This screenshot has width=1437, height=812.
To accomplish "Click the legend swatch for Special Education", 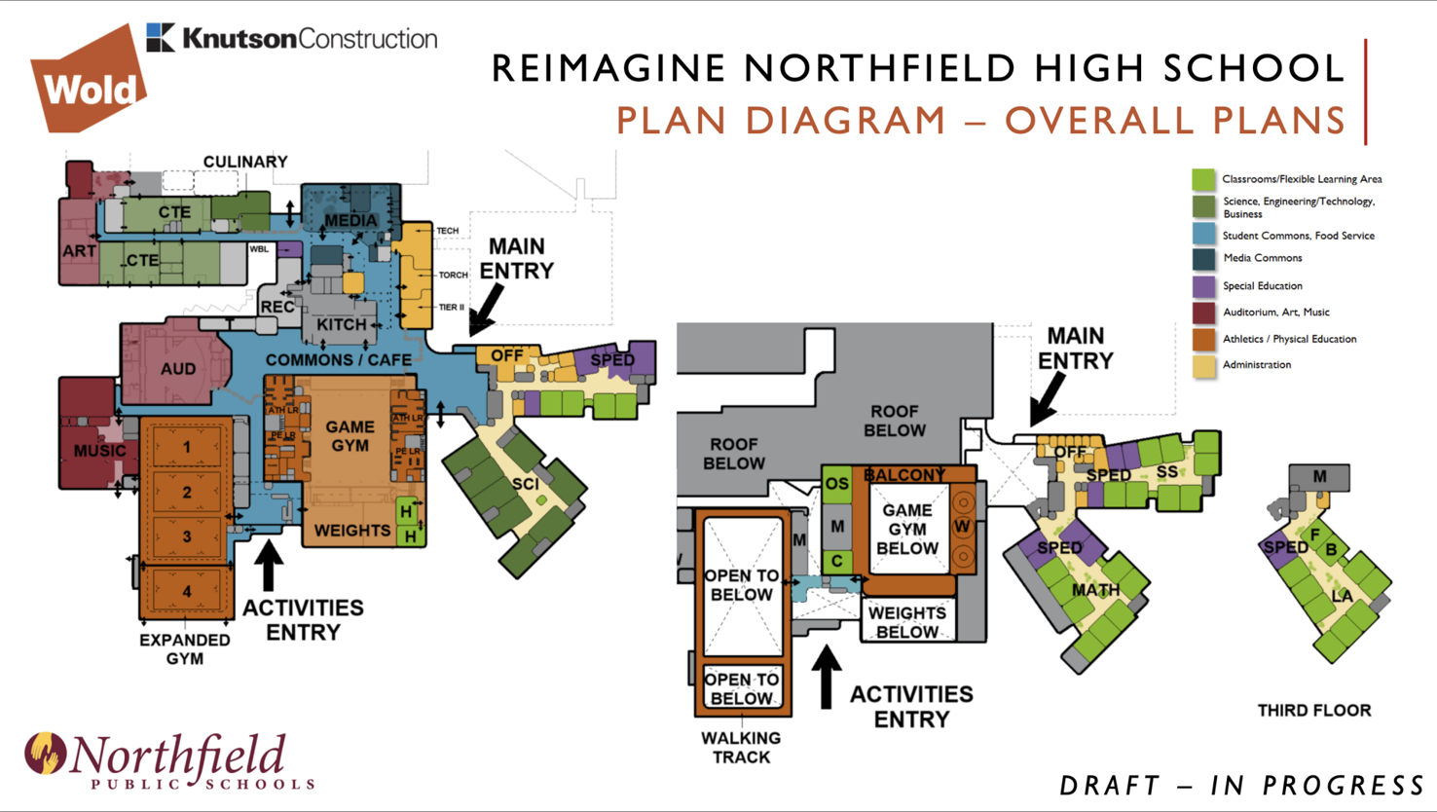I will [1204, 286].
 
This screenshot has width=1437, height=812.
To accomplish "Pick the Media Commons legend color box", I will [1204, 259].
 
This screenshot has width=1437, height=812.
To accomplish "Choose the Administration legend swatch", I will [1204, 366].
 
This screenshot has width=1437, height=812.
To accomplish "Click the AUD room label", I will [178, 369].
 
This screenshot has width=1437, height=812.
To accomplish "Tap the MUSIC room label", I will [99, 451].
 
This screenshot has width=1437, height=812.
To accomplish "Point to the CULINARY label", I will [245, 162].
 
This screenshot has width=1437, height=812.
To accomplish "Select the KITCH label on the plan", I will [341, 325].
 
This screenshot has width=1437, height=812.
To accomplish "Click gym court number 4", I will [187, 591].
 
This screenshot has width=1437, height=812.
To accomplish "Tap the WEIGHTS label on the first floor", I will [351, 531].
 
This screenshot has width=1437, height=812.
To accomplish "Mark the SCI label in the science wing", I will [525, 484].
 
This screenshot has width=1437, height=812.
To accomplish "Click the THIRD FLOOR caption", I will [1313, 711].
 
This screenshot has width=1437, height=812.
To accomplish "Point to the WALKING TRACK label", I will [741, 748].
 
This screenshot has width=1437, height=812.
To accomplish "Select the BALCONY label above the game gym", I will [904, 475].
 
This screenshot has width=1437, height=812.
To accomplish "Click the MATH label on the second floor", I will [1095, 590].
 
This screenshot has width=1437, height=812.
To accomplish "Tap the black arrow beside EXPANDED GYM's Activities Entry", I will [269, 565].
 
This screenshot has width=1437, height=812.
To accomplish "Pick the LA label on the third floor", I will [1342, 596].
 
